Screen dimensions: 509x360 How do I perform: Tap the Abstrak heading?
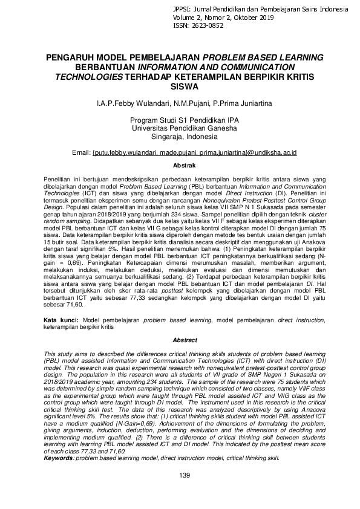point(180,165)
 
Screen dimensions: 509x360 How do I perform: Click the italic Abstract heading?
point(180,340)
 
